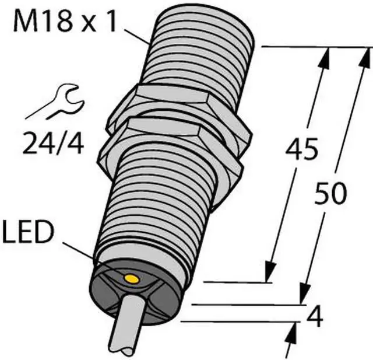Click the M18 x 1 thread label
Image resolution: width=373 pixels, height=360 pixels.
65,21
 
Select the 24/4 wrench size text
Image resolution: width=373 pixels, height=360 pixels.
53,143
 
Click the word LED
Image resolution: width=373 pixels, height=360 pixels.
27,232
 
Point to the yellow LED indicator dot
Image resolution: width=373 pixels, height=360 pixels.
132,279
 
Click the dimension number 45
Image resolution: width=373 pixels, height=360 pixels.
302,148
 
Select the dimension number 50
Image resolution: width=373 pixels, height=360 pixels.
330,193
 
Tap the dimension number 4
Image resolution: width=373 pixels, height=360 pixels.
315,317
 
